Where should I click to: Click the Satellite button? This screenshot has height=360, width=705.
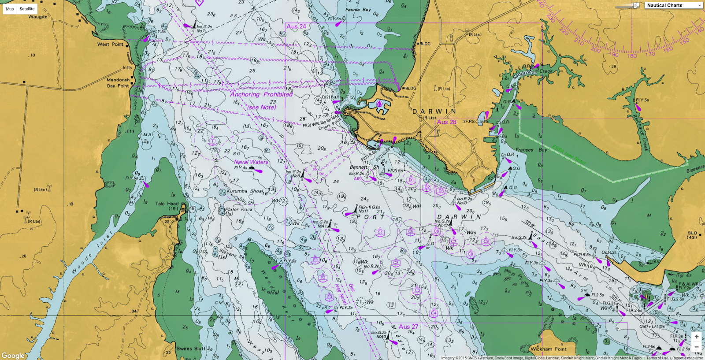point(27,9)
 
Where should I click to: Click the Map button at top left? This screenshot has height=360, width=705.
point(10,9)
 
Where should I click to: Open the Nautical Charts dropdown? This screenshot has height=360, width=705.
point(674,5)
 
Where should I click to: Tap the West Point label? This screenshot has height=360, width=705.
point(110,44)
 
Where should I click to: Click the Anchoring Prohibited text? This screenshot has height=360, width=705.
point(261,94)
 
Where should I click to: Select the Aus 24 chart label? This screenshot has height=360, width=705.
point(296,26)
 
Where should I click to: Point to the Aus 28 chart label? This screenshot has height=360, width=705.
point(446,122)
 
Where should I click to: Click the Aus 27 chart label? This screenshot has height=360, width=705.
point(408,327)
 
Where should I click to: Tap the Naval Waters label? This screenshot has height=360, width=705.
point(251,162)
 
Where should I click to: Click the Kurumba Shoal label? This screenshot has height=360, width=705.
point(245,191)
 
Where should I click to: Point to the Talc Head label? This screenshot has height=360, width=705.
point(167,204)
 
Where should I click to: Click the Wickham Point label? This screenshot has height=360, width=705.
point(549,349)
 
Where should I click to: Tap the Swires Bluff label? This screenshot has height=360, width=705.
point(190,349)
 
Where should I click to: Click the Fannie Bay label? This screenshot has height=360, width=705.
point(358,10)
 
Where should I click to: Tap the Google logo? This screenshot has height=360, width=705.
point(13,355)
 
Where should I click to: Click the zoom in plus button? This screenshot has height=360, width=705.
point(696,337)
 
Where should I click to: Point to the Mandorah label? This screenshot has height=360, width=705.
point(118,80)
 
